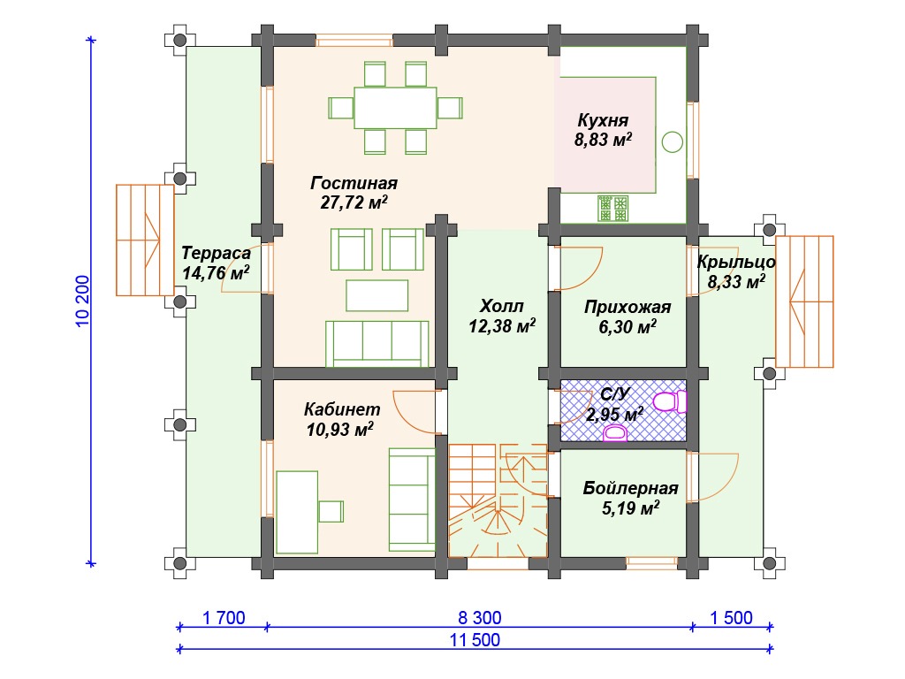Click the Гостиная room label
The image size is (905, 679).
tap(354, 183)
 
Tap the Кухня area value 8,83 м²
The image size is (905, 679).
tap(603, 140)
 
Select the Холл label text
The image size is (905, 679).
tap(502, 305)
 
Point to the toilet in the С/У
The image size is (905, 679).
tap(670, 401)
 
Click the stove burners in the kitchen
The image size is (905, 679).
tap(613, 209)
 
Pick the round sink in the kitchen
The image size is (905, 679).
tap(673, 141)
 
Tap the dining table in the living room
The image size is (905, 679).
tap(395, 107)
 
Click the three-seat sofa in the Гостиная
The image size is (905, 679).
tap(376, 344)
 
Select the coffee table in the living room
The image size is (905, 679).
tap(376, 295)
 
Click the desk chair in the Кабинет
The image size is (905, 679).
tap(331, 512)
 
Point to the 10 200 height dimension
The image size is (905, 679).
tap(83, 301)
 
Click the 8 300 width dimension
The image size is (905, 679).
tap(480, 618)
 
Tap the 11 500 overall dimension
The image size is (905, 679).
tap(475, 640)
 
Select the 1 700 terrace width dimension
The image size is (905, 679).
tap(224, 618)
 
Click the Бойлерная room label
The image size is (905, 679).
tap(630, 488)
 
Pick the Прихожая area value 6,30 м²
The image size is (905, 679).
tap(627, 327)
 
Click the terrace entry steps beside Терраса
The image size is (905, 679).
tap(145, 240)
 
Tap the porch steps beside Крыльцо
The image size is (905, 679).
tap(804, 301)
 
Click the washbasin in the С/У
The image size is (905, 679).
tap(615, 433)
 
